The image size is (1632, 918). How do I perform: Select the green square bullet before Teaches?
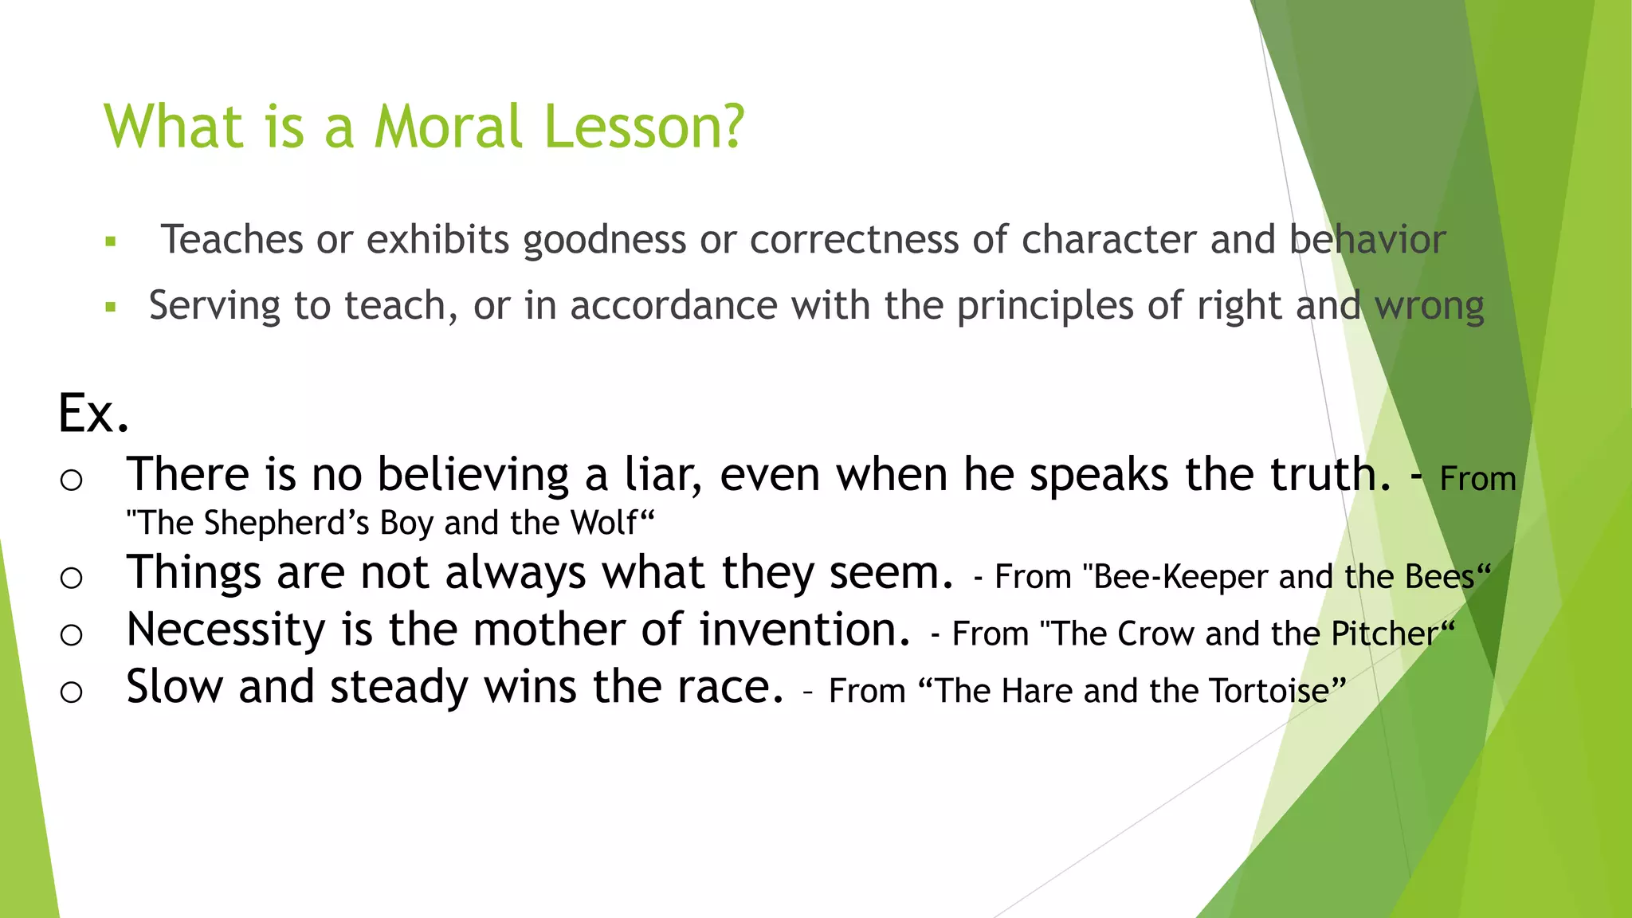111,241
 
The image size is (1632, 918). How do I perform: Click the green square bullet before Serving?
111,307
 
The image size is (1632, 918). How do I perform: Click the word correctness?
853,239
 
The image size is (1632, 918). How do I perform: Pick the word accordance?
673,305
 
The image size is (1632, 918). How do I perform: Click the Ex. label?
93,413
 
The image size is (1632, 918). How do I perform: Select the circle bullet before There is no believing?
71,480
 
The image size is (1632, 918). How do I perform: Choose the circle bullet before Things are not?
71,578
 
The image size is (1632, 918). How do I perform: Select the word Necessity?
226,630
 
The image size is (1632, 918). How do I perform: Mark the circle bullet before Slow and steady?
71,692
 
